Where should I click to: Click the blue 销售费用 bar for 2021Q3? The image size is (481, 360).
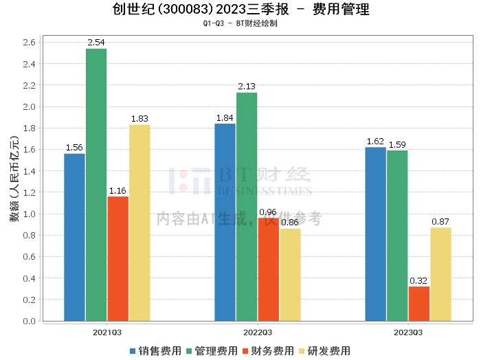(x=74, y=237)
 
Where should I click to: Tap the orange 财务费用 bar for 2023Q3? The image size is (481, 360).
(x=418, y=304)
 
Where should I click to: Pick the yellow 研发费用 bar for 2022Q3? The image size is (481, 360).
(x=290, y=275)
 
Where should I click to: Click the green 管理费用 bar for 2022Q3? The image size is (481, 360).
(x=247, y=206)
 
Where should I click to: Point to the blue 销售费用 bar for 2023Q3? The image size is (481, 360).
(x=375, y=234)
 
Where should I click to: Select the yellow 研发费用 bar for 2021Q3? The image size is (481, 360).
(x=139, y=223)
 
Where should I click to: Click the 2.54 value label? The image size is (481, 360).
(x=96, y=43)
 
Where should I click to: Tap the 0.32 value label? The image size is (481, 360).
(x=418, y=281)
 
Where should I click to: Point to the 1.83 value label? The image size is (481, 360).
(x=139, y=119)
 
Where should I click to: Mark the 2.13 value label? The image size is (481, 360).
(x=247, y=87)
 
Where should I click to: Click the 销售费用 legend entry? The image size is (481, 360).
(x=155, y=351)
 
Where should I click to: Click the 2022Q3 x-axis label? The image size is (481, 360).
(x=258, y=332)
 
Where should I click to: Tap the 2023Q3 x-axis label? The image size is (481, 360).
(x=408, y=332)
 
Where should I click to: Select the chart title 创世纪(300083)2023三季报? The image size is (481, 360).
(x=195, y=10)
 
